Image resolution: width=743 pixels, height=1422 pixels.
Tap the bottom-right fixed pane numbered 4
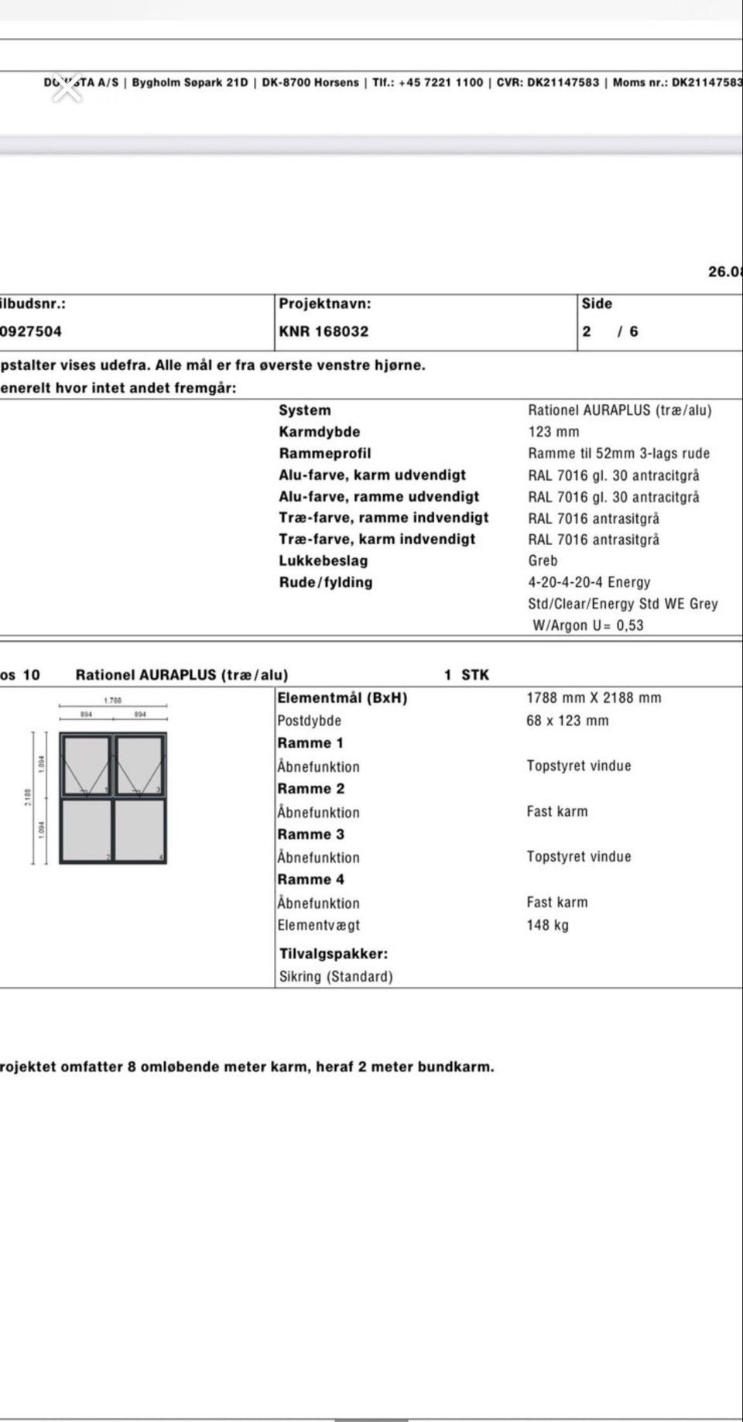(140, 830)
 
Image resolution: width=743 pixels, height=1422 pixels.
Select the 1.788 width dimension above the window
(113, 701)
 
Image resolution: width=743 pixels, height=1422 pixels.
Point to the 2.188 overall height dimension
(29, 797)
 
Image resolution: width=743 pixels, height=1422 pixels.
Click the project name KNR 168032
(324, 331)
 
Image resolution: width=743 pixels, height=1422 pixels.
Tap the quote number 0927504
(31, 331)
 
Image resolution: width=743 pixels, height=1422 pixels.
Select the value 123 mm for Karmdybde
(553, 432)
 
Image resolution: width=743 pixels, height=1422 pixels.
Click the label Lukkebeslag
(323, 560)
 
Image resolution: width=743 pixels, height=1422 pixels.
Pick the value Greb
(543, 560)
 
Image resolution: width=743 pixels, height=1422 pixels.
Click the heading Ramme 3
(310, 834)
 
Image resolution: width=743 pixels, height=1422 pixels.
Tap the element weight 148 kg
(547, 925)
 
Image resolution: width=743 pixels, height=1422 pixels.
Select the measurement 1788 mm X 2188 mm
(594, 697)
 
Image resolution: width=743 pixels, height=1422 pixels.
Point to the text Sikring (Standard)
(336, 977)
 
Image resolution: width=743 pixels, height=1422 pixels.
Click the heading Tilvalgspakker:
(334, 954)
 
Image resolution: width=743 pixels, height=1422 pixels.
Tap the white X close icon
(68, 88)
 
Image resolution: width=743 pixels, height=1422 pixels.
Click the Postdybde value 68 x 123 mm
(567, 721)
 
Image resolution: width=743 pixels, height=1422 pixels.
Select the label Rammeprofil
(324, 454)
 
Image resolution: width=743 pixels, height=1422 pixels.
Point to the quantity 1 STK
(467, 675)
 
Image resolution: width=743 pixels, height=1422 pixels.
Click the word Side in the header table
(597, 304)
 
